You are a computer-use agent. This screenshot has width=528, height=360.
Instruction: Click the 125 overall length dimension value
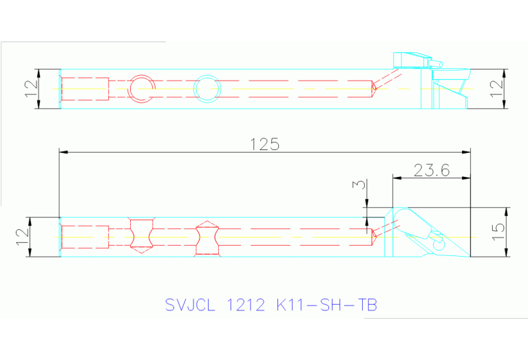[x=264, y=145]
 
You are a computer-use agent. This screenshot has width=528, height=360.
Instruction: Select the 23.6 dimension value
[x=432, y=170]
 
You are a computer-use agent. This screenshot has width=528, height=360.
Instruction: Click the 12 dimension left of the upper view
[x=30, y=88]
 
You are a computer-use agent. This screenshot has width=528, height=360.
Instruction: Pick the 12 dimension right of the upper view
[x=496, y=89]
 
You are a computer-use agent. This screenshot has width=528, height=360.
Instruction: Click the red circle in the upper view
[x=142, y=88]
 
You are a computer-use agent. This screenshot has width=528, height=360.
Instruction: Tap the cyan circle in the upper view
[x=207, y=88]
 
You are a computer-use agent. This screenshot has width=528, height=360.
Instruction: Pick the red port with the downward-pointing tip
[x=141, y=236]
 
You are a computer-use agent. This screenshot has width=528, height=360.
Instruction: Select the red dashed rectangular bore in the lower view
[x=85, y=237]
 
